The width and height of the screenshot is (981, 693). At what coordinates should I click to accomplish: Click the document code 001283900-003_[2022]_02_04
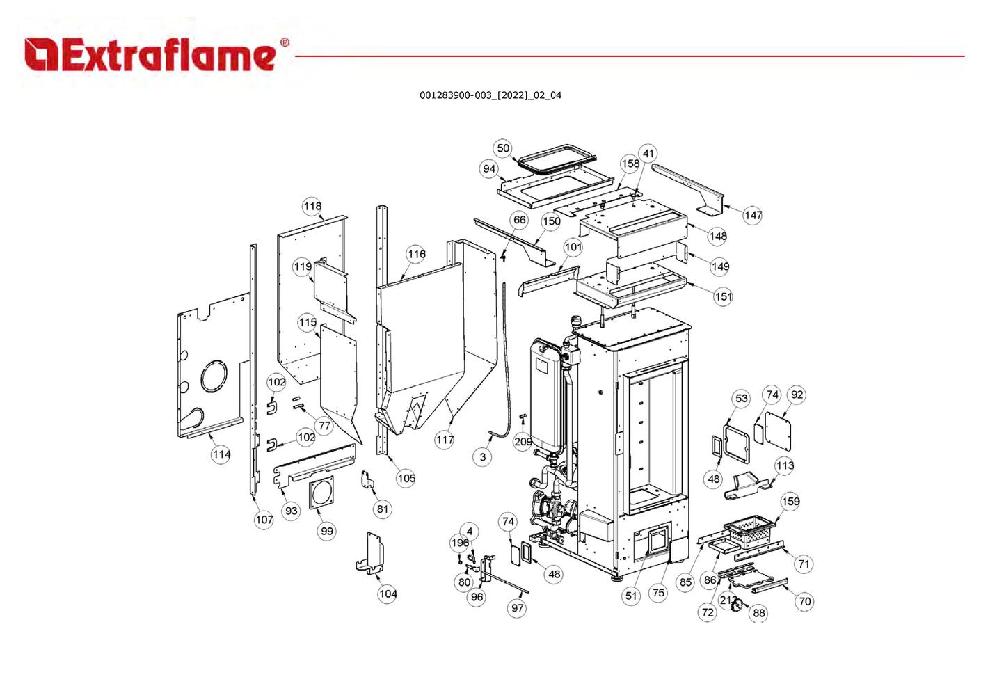click(x=490, y=95)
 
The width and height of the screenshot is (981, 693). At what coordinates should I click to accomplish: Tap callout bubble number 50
click(x=503, y=148)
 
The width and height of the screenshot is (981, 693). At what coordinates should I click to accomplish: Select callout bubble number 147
click(x=753, y=215)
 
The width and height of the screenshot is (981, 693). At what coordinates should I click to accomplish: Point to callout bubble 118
click(x=312, y=206)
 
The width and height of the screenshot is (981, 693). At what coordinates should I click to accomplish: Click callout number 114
click(x=221, y=454)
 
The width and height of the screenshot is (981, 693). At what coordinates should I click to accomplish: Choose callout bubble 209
click(x=523, y=442)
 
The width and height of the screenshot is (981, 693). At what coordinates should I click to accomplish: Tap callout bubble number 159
click(x=790, y=502)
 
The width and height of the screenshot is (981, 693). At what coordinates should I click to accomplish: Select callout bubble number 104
click(x=388, y=594)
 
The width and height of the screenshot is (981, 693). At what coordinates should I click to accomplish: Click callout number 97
click(x=517, y=607)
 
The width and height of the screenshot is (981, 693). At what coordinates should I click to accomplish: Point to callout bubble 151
click(x=723, y=296)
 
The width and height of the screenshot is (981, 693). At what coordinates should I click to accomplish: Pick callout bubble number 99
click(x=326, y=531)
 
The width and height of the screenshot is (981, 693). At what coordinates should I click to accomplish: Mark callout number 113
click(x=785, y=465)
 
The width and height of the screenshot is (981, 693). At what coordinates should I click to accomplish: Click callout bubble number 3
click(x=483, y=456)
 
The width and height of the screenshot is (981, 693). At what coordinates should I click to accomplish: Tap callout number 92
click(x=797, y=395)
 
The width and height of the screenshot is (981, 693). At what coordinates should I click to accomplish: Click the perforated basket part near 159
click(x=750, y=530)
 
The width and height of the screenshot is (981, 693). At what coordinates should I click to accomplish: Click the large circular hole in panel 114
click(x=214, y=376)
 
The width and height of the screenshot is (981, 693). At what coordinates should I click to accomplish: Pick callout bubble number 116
click(x=416, y=254)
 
